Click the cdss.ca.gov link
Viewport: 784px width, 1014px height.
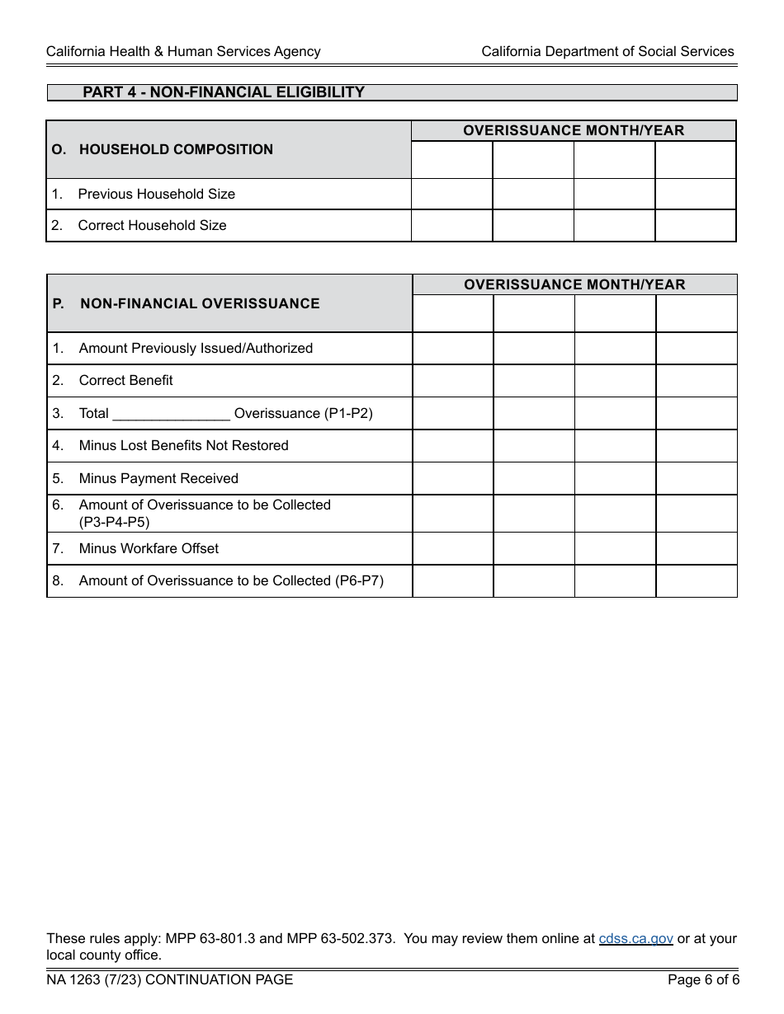635,938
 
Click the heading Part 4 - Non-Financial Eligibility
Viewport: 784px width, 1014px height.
224,92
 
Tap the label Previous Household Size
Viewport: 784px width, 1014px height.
156,194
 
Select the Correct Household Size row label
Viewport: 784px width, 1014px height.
152,225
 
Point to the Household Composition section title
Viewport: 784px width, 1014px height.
176,149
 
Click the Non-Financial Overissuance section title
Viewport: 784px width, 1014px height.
200,303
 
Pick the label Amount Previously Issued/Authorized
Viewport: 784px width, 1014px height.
196,348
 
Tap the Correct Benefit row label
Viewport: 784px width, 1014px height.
125,380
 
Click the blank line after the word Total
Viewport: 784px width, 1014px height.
171,413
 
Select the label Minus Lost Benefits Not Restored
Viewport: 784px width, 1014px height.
183,445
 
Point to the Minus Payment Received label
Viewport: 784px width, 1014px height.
158,478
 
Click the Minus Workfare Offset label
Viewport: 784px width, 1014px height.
149,548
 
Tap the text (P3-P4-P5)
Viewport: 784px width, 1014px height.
114,522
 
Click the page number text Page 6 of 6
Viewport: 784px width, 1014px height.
703,979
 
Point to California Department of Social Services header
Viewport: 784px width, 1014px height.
607,51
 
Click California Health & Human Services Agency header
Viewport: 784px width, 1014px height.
183,51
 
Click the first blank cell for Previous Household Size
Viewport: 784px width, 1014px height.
451,194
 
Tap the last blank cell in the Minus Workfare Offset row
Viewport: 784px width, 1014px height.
697,548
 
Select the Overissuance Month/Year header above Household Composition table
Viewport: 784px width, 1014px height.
574,130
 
